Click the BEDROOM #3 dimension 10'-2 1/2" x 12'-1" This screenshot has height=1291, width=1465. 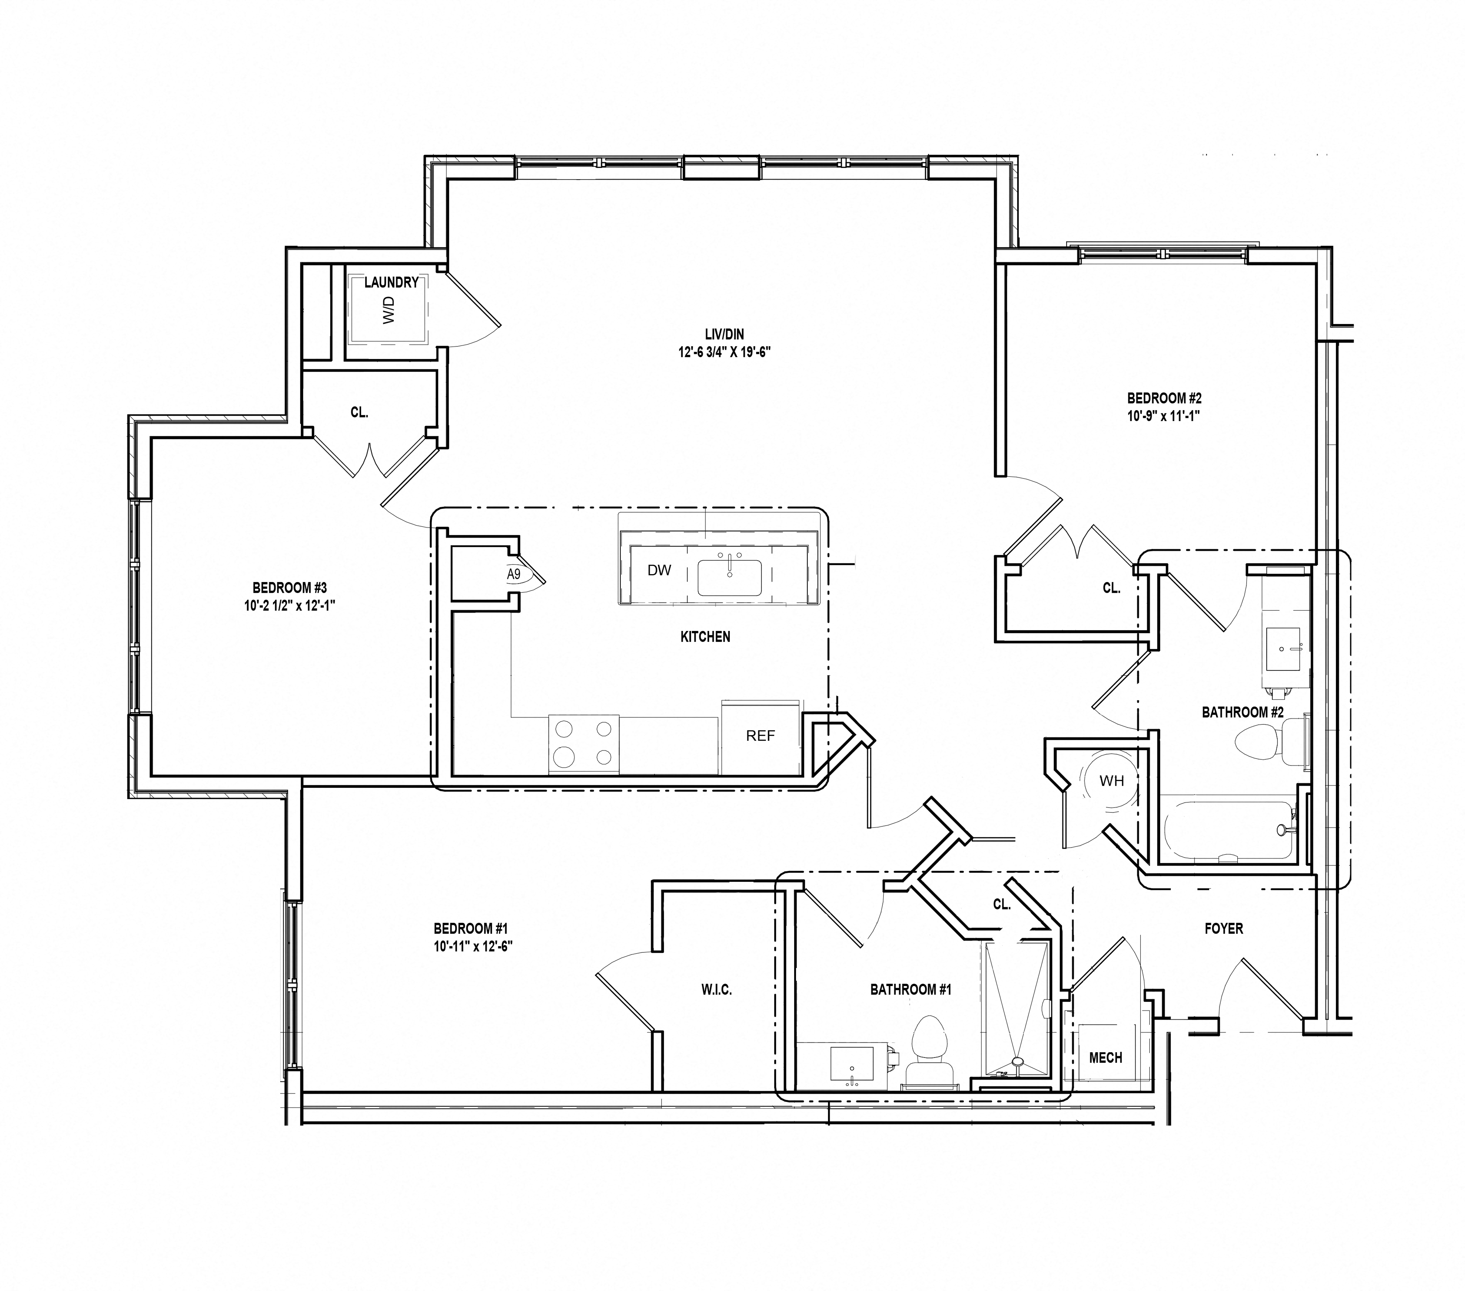pyautogui.click(x=290, y=605)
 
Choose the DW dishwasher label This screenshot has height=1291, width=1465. pyautogui.click(x=659, y=570)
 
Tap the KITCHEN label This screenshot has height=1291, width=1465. pyautogui.click(x=705, y=637)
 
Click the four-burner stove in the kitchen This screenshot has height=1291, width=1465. pyautogui.click(x=584, y=743)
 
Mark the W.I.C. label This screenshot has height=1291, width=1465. pyautogui.click(x=716, y=990)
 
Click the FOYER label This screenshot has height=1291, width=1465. pyautogui.click(x=1223, y=928)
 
